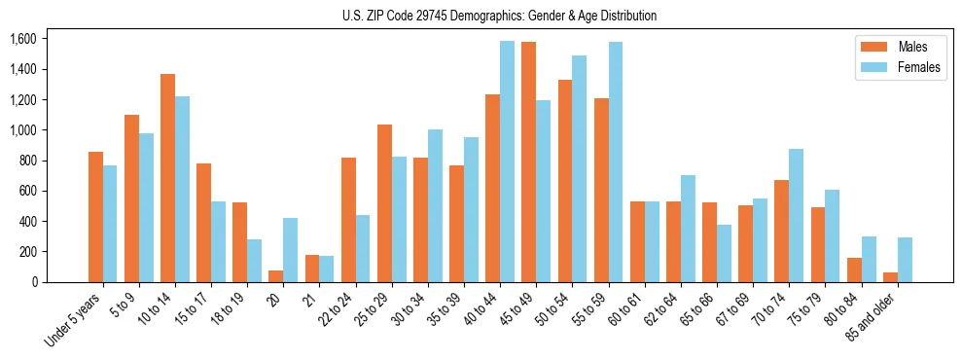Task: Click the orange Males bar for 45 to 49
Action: click(x=528, y=162)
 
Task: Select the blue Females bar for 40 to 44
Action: click(x=507, y=162)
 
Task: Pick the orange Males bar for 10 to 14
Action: click(x=167, y=178)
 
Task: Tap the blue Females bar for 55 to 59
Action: click(x=615, y=162)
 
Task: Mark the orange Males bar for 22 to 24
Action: click(x=348, y=220)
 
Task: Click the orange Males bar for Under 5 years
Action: click(x=95, y=217)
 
